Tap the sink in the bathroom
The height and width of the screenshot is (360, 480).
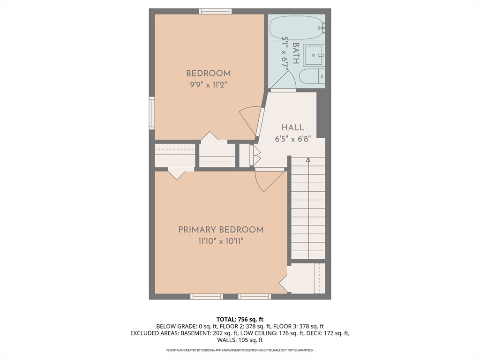(x=313, y=55)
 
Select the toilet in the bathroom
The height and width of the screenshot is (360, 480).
(x=312, y=76)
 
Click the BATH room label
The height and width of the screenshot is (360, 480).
(x=296, y=53)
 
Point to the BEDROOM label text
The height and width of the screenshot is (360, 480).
(x=208, y=73)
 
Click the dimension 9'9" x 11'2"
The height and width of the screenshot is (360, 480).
(x=208, y=85)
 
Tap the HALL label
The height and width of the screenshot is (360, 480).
(x=292, y=127)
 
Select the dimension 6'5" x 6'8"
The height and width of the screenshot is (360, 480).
(x=292, y=139)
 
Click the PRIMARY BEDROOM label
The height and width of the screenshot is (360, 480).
(x=221, y=230)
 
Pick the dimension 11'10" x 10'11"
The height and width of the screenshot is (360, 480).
(x=221, y=241)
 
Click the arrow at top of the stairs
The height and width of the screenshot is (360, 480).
(x=308, y=160)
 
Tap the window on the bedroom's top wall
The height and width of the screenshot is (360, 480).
(x=215, y=11)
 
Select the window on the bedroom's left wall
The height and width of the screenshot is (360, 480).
(x=152, y=112)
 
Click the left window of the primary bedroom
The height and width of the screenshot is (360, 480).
(x=206, y=296)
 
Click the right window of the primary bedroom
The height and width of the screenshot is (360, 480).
(x=255, y=296)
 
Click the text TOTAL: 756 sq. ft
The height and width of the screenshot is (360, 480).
(x=240, y=319)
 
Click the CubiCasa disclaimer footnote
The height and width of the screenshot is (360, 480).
(x=240, y=350)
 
